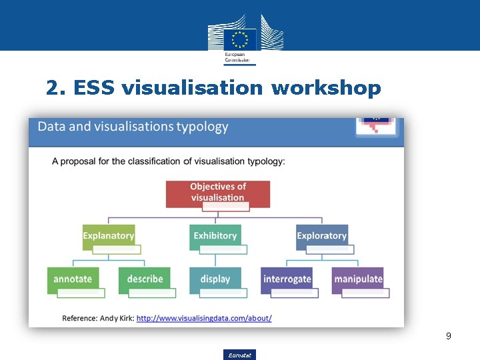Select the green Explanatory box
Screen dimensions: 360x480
point(109,236)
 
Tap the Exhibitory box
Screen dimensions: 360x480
point(215,236)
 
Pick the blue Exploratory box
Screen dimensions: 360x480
point(322,236)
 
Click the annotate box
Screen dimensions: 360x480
point(73,279)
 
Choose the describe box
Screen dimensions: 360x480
point(145,279)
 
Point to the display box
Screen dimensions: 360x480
point(215,279)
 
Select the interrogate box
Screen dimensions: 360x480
point(287,279)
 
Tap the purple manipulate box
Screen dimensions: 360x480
point(358,279)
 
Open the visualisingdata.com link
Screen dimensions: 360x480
point(204,319)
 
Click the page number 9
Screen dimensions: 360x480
point(449,336)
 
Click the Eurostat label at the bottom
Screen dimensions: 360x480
point(239,355)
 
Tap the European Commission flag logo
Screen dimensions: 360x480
point(239,39)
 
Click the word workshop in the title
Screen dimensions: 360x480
point(326,87)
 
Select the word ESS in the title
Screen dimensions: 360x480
point(95,87)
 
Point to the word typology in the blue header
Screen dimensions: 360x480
point(203,127)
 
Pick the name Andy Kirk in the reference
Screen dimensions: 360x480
point(117,319)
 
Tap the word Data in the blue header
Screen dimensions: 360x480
point(51,127)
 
